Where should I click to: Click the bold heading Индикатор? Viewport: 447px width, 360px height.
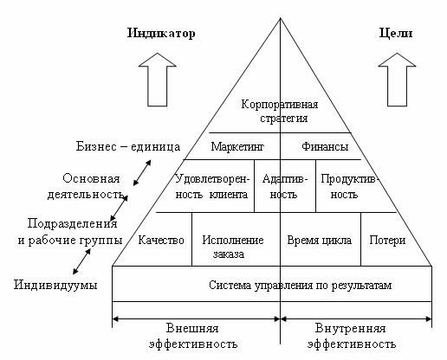tap(161, 33)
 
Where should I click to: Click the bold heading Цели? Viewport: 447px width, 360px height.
tap(396, 33)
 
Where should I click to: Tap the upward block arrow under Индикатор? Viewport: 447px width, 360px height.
tap(158, 80)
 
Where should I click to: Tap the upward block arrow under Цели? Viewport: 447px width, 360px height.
tap(397, 80)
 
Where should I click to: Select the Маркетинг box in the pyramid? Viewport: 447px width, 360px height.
tap(237, 146)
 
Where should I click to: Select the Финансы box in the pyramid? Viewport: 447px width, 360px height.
tap(321, 146)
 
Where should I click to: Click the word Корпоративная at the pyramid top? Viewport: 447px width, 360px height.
tap(280, 105)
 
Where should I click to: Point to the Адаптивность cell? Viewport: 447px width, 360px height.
tap(285, 186)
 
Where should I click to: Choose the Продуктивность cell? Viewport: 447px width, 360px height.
tap(349, 186)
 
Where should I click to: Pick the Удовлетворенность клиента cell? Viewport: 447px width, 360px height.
tap(212, 186)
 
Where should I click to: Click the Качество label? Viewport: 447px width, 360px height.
tap(161, 241)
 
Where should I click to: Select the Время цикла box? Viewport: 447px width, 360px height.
tap(321, 239)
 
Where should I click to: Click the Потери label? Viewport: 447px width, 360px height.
tap(387, 241)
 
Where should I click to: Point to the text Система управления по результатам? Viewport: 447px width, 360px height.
tap(300, 286)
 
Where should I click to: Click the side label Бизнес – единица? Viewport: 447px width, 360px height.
tap(128, 146)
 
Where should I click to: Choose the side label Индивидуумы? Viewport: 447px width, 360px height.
tap(55, 285)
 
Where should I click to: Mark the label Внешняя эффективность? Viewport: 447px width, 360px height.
tap(193, 336)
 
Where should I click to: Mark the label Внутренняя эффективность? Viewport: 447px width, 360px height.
tap(352, 336)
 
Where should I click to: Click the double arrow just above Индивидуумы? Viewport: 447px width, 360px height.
tap(81, 261)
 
